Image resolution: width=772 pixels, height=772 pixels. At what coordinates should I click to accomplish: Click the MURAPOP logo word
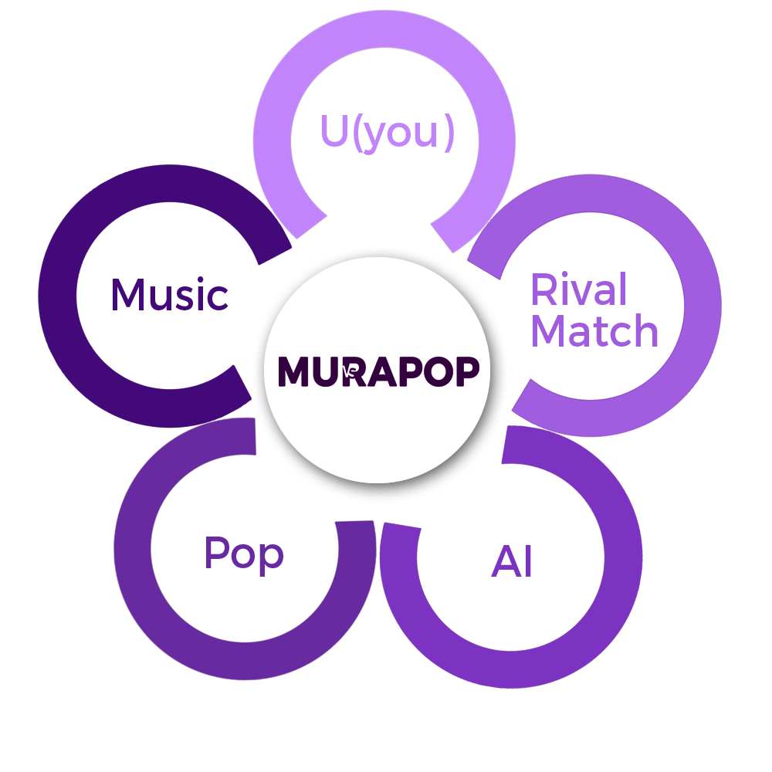point(378,371)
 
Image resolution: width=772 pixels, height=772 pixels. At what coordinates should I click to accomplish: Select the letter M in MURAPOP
point(293,371)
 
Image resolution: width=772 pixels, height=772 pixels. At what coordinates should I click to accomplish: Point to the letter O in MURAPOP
point(438,371)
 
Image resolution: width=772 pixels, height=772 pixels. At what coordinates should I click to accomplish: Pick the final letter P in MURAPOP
point(467,371)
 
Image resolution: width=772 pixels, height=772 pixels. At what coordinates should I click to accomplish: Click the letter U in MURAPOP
point(324,371)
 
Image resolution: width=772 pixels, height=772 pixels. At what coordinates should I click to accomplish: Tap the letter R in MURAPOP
point(352,371)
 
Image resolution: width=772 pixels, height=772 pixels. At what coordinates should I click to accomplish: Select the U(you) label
point(384,134)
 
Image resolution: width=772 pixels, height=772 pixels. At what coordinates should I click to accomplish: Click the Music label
point(174,294)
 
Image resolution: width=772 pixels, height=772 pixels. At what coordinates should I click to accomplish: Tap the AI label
point(506,561)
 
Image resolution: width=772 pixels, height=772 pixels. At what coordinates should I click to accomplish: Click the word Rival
point(581,289)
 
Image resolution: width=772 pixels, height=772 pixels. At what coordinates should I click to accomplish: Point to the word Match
point(597,330)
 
